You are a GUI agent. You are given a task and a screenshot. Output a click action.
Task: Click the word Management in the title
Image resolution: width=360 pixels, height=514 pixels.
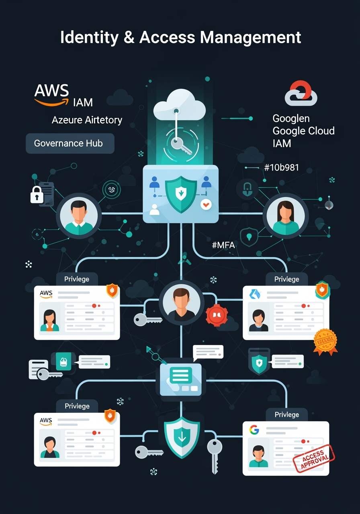pyautogui.click(x=250, y=37)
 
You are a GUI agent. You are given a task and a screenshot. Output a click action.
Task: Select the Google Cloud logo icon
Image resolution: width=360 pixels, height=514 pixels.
pyautogui.click(x=301, y=94)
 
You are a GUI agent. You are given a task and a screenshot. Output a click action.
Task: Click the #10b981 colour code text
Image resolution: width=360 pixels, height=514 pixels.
pyautogui.click(x=281, y=167)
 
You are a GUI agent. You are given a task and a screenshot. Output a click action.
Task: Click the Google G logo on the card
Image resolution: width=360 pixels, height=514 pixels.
pyautogui.click(x=254, y=430)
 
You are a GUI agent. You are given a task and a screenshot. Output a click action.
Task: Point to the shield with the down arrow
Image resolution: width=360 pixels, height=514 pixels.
pyautogui.click(x=182, y=437)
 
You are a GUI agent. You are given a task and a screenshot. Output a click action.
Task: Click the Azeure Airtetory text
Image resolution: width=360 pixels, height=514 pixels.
pyautogui.click(x=87, y=120)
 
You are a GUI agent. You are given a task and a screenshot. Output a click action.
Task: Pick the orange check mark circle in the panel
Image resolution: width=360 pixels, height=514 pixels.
pyautogui.click(x=206, y=205)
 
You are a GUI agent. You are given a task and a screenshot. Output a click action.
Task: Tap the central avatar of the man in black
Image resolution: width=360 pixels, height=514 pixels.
pyautogui.click(x=181, y=303)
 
